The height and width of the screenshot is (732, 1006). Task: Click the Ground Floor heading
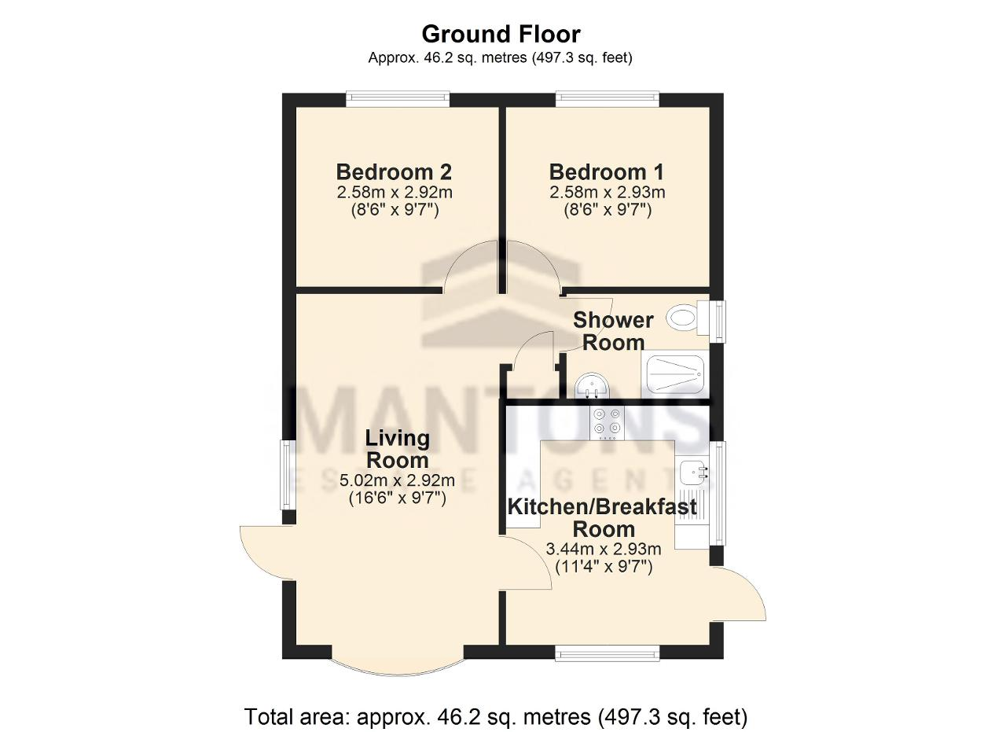coord(501,34)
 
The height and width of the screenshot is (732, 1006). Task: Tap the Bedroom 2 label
coord(394,171)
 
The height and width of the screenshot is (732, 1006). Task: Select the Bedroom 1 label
coord(606,171)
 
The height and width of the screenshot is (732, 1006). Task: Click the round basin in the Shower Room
coord(592,387)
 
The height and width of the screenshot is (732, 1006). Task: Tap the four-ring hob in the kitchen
coord(607,423)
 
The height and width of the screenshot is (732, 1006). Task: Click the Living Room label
coord(398,449)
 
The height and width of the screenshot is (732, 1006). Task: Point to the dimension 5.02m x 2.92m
coord(397,480)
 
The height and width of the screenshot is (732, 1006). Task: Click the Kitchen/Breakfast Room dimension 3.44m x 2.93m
coord(603,549)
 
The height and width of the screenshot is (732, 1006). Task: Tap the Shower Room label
coord(613,331)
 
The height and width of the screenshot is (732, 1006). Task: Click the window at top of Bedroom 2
coord(398,99)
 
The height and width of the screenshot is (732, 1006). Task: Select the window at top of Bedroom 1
coord(608,99)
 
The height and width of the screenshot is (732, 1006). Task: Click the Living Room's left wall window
coord(288,475)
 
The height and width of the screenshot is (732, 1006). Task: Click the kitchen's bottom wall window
coord(608,653)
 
